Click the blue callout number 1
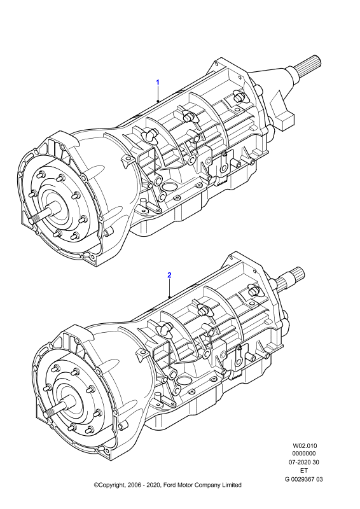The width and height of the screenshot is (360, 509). coord(158,82)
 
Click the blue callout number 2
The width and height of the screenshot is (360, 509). coord(169,275)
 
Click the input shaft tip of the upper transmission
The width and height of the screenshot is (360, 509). coord(32,221)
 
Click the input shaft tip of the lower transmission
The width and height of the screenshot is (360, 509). coord(47,414)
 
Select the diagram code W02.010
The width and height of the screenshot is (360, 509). coord(305,446)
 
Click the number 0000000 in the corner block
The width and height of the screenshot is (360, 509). coord(304,454)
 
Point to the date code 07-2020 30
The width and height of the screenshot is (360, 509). coord(304,462)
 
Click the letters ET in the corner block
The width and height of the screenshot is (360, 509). coord(304,470)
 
